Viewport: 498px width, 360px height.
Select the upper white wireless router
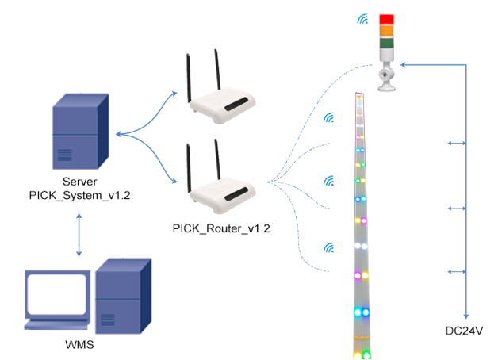pos(224,103)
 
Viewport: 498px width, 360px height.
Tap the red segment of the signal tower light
pos(387,19)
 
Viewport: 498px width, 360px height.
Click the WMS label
pos(79,347)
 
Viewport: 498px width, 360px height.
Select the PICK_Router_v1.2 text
pos(221,228)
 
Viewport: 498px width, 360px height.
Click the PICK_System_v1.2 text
pos(79,193)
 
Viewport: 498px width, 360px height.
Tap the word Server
pos(79,180)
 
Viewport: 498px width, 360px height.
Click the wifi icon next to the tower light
pos(362,20)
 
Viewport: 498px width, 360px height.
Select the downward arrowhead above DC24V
pos(466,312)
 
